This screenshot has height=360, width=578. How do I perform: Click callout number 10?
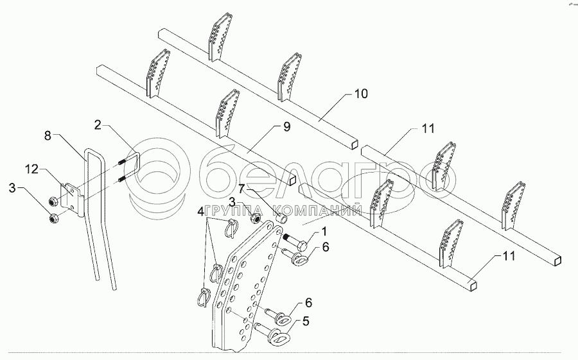[361, 94]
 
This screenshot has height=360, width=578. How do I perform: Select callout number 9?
[287, 126]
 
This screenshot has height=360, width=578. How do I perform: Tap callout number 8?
[48, 135]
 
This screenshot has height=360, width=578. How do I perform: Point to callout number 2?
[98, 125]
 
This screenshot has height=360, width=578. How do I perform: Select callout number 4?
[200, 212]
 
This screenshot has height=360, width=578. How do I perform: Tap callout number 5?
[306, 321]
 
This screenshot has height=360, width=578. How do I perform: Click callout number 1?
[324, 232]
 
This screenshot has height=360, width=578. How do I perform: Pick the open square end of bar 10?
[355, 144]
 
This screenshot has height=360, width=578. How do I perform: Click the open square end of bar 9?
[293, 180]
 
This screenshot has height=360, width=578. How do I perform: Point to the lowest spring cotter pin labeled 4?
[202, 296]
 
